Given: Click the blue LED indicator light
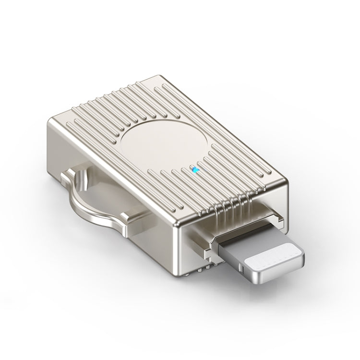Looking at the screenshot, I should point(194,169).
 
